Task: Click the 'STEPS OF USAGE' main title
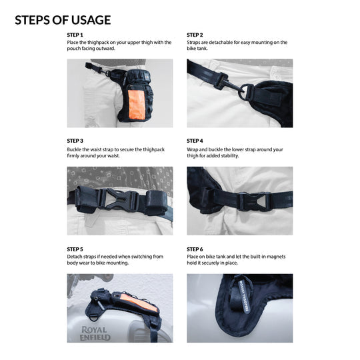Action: click(63, 20)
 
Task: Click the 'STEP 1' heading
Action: click(75, 35)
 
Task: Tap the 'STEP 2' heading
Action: click(195, 35)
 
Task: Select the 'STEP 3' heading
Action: click(75, 141)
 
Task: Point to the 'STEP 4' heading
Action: click(195, 141)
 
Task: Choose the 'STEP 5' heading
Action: click(75, 249)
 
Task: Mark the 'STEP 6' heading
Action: click(195, 249)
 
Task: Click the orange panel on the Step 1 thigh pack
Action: click(137, 105)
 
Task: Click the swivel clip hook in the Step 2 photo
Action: click(229, 85)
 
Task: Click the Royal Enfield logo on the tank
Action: click(95, 333)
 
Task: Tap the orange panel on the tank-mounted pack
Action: click(139, 303)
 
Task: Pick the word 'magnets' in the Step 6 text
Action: click(276, 257)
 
